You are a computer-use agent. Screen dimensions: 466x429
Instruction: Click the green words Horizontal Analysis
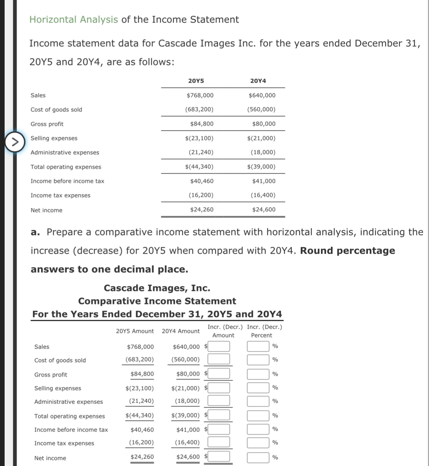tap(74, 20)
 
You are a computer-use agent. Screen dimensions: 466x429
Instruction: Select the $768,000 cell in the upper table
tap(200, 95)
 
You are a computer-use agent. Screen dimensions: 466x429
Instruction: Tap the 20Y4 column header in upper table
tap(258, 81)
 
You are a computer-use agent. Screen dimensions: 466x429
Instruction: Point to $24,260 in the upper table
tap(202, 210)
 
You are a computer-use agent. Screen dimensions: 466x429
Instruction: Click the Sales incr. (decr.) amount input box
tap(219, 346)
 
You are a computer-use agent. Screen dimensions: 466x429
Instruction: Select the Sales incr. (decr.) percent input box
tap(258, 346)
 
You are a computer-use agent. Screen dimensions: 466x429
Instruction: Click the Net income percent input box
tap(258, 457)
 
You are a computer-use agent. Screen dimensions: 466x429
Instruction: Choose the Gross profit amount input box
tap(219, 374)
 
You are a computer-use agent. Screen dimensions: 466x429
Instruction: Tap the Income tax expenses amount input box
tap(219, 442)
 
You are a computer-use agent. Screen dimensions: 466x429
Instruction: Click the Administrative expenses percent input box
tap(258, 401)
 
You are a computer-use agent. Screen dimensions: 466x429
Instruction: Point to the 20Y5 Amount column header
tap(135, 331)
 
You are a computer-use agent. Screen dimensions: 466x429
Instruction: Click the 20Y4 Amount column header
tap(181, 331)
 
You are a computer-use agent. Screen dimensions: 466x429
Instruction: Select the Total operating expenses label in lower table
tap(70, 416)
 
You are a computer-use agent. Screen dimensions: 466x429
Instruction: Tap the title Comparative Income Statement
tap(157, 301)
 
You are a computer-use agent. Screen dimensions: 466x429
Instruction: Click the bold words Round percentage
tap(347, 251)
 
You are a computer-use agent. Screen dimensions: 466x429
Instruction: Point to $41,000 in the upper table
tap(264, 181)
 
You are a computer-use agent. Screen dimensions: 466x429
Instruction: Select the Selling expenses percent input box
tap(258, 388)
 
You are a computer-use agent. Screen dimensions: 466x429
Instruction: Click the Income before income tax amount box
tap(219, 429)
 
